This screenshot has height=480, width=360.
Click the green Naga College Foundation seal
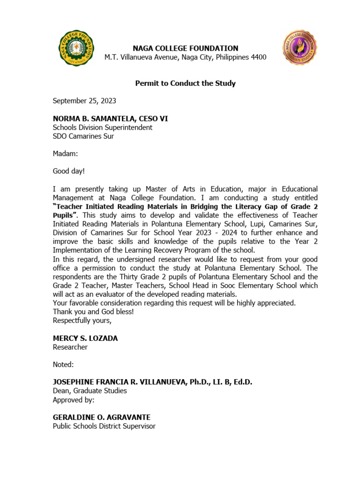point(76,48)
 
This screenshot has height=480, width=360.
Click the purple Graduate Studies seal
point(300,48)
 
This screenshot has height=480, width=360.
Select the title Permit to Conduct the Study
point(185,83)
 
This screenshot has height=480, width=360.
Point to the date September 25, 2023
point(84,101)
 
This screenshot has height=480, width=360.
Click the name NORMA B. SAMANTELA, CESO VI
point(110,119)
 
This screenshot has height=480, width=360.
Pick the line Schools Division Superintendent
point(102,127)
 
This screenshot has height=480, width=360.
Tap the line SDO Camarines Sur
point(83,136)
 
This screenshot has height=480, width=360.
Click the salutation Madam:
point(65,154)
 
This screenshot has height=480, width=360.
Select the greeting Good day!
point(69,172)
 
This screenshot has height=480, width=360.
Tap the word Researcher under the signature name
point(70,347)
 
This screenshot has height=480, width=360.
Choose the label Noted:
point(63,365)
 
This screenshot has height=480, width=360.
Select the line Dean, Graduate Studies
point(90,391)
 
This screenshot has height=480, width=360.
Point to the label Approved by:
point(74,400)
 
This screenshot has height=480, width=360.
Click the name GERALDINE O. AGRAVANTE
point(101,417)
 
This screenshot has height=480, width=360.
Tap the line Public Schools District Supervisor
point(104,426)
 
